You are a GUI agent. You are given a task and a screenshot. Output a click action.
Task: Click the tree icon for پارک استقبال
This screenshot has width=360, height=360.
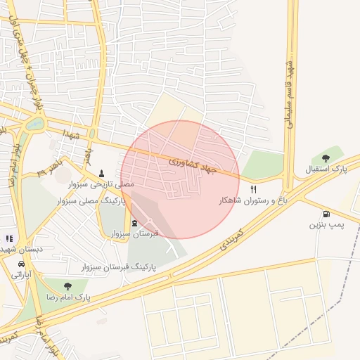tap(325, 158)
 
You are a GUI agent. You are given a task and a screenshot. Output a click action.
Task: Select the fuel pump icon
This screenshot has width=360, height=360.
tap(326, 214)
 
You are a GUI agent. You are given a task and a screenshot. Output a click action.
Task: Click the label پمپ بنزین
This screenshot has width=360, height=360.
tap(326, 225)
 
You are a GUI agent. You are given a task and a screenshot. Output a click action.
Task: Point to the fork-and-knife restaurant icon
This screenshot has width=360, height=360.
tap(254, 190)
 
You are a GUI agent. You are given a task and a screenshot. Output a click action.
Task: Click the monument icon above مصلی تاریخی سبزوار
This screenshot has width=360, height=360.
tap(102, 172)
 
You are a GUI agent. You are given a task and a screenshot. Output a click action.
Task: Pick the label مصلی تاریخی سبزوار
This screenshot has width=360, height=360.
tap(102, 184)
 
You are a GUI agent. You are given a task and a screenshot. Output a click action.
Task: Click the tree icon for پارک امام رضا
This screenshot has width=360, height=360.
tap(67, 286)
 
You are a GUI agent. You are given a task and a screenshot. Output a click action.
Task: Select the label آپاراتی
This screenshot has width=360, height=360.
tap(20, 276)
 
